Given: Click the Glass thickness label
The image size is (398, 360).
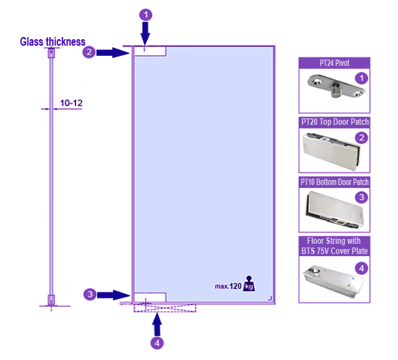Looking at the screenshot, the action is click(x=52, y=41).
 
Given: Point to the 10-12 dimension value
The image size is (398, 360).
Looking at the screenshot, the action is click(x=71, y=103).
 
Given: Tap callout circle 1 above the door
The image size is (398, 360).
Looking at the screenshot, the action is click(x=146, y=15).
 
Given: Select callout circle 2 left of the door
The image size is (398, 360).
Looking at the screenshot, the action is click(x=89, y=52).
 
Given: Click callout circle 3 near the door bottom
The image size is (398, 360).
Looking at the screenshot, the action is click(x=90, y=295).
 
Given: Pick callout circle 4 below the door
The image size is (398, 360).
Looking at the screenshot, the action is click(x=157, y=343).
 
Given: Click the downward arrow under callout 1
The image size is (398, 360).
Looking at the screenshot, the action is click(x=146, y=33).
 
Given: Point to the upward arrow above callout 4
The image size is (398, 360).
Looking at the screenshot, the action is click(x=157, y=324).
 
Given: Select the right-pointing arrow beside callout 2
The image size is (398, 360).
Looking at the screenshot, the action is click(x=113, y=52).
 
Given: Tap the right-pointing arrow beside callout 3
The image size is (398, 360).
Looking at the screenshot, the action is click(x=114, y=295).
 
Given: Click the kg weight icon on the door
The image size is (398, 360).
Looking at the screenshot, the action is click(x=249, y=283).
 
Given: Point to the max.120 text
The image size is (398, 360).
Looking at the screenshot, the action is click(x=228, y=286).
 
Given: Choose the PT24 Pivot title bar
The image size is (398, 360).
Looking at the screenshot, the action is click(x=334, y=63).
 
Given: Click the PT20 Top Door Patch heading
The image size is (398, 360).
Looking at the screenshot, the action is click(x=335, y=122).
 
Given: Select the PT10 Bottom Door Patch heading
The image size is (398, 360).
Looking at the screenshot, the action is click(x=334, y=182).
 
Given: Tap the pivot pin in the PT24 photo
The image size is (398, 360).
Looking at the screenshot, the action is click(x=336, y=91).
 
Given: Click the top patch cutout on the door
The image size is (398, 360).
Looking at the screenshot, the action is click(x=150, y=51).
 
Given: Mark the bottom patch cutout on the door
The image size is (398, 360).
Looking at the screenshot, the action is click(x=150, y=298).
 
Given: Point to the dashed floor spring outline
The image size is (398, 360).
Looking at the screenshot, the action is click(x=165, y=308).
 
